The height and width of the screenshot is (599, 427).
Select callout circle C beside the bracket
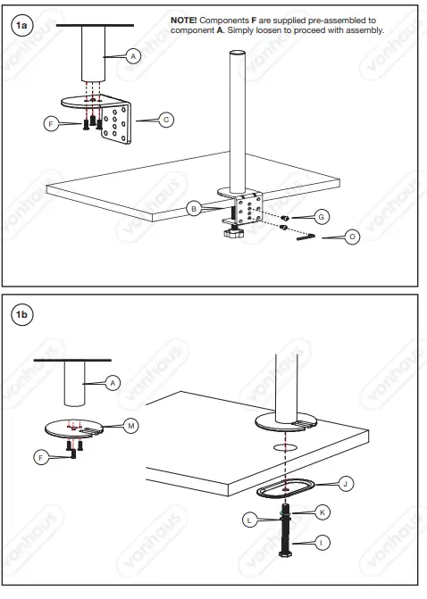[x=166, y=120]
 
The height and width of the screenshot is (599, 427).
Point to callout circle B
[x=192, y=208]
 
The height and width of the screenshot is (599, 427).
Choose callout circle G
[x=322, y=216]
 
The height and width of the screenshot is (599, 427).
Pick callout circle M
[x=130, y=426]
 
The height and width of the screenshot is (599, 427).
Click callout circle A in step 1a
[x=133, y=56]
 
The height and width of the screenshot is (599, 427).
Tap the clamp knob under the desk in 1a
[x=236, y=234]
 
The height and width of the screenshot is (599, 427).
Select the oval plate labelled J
[x=283, y=489]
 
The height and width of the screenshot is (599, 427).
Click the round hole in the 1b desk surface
[x=284, y=444]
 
